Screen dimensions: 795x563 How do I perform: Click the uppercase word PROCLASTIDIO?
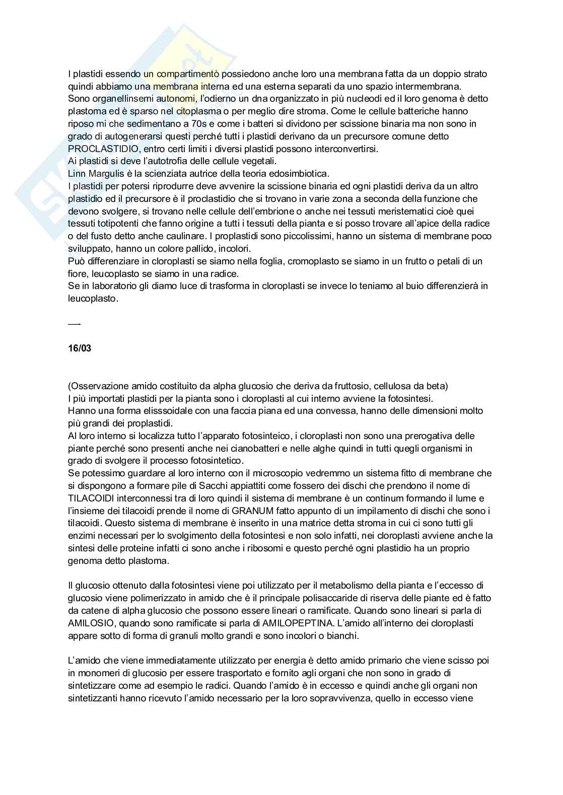tap(102, 149)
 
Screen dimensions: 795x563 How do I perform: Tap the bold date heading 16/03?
tap(80, 348)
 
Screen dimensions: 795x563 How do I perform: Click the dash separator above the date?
tap(74, 323)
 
